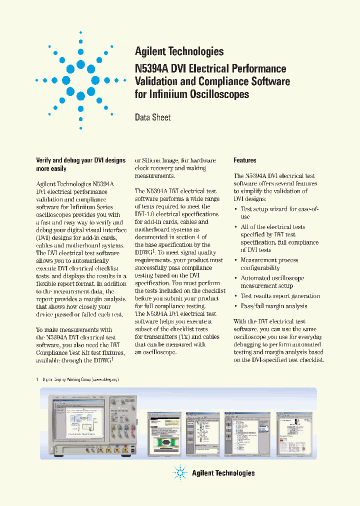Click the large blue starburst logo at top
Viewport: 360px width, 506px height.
(x=80, y=80)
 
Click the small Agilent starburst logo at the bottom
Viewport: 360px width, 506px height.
(x=180, y=472)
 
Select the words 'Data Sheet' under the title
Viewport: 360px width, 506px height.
(x=152, y=117)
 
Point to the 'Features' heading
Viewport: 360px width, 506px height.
(x=245, y=160)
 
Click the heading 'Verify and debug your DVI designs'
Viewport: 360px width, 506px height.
(x=80, y=160)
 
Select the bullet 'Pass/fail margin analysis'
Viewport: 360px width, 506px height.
(x=274, y=306)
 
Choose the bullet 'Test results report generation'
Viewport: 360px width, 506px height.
(x=280, y=296)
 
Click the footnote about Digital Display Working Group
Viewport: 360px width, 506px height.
(x=80, y=379)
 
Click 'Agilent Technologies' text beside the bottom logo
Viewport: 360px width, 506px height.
(x=223, y=473)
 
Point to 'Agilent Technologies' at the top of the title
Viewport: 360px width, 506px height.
(x=179, y=51)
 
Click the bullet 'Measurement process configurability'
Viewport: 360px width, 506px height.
(x=269, y=264)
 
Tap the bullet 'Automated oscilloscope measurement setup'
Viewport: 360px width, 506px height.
(x=272, y=282)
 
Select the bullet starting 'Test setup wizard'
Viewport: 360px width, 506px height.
(x=279, y=213)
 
